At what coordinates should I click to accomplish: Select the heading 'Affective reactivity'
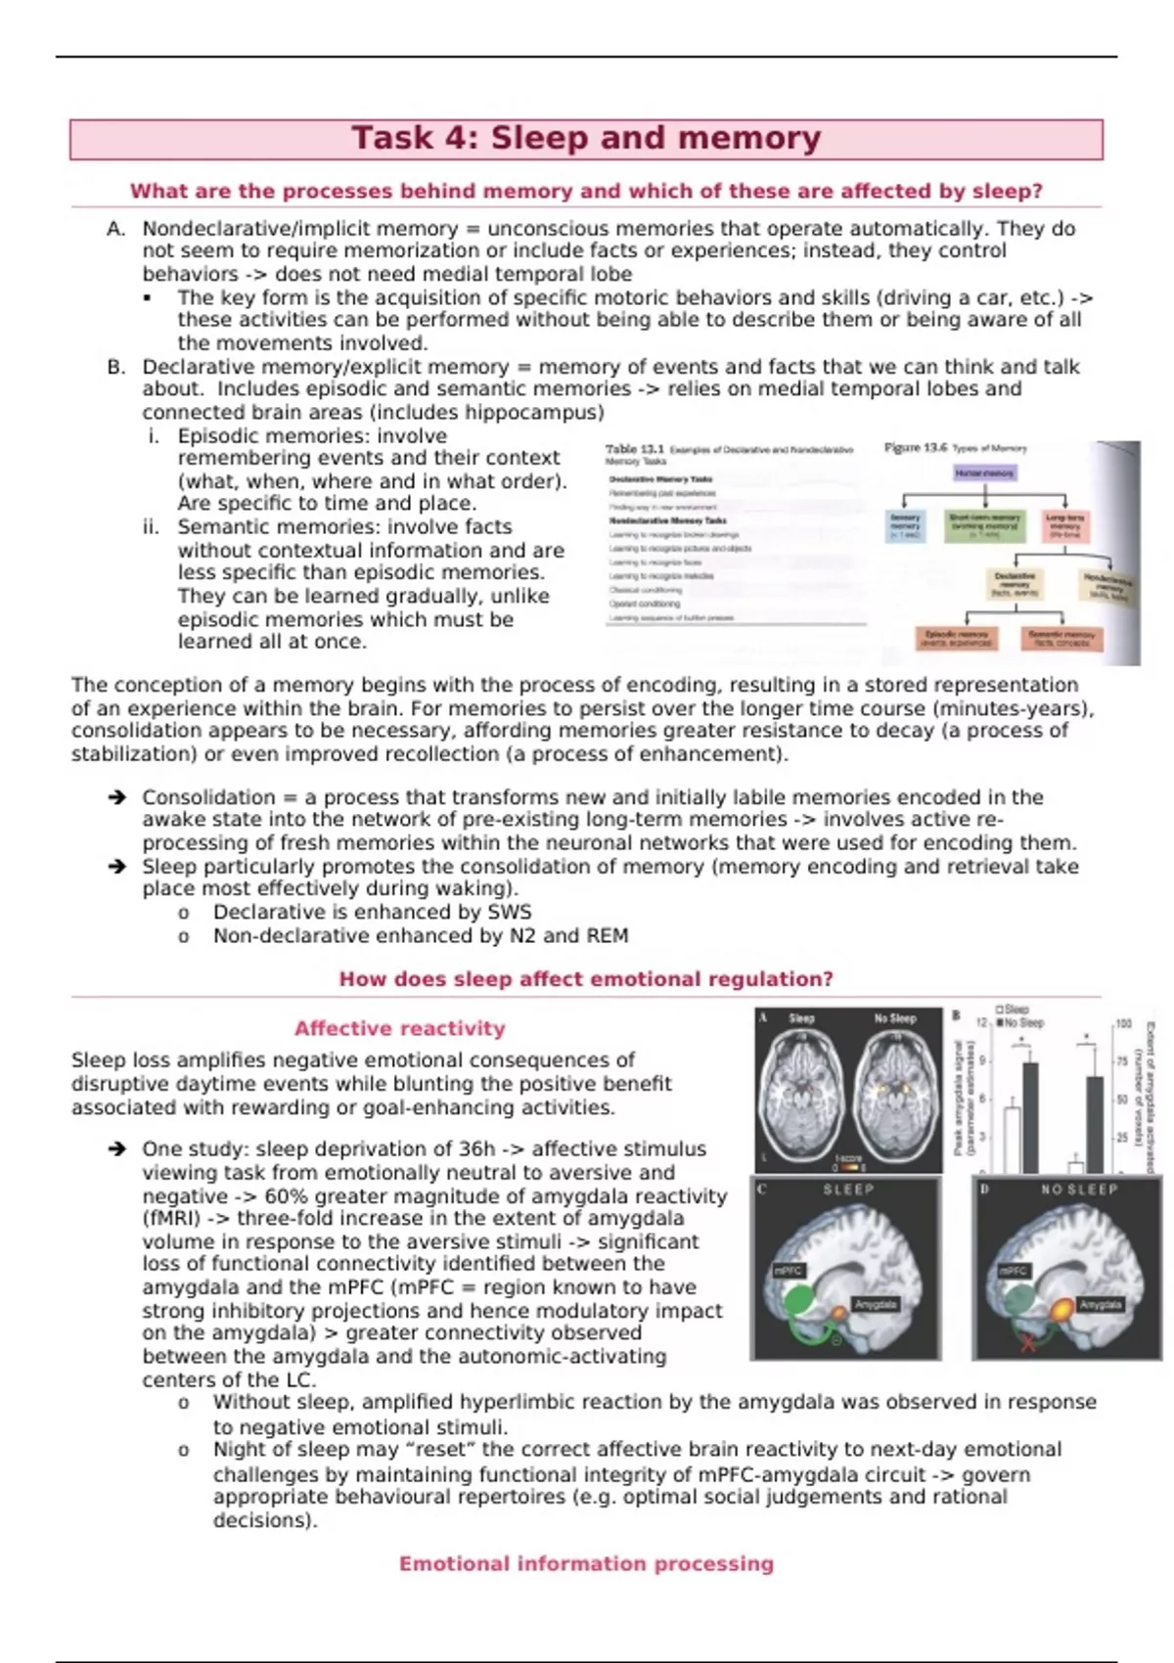click(x=399, y=1028)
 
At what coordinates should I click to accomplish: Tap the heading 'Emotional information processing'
click(x=586, y=1563)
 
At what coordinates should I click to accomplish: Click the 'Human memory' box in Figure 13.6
click(x=984, y=473)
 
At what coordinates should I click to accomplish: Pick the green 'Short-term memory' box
click(x=984, y=525)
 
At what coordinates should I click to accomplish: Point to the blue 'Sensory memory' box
click(x=905, y=525)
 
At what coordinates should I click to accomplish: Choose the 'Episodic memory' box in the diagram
click(x=958, y=638)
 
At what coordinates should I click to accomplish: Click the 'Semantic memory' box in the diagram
click(x=1061, y=638)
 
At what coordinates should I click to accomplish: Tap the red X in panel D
click(x=1028, y=1344)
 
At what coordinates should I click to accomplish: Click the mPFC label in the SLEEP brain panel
click(x=788, y=1271)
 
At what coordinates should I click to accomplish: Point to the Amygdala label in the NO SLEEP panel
click(x=1100, y=1304)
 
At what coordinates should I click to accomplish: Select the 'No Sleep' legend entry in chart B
click(x=1019, y=1022)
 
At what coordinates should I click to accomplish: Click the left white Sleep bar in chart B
click(x=1013, y=1139)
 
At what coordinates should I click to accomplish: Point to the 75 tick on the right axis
click(x=1123, y=1061)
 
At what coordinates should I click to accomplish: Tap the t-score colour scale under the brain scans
click(x=848, y=1166)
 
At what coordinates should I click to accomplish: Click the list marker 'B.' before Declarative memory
click(x=116, y=367)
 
